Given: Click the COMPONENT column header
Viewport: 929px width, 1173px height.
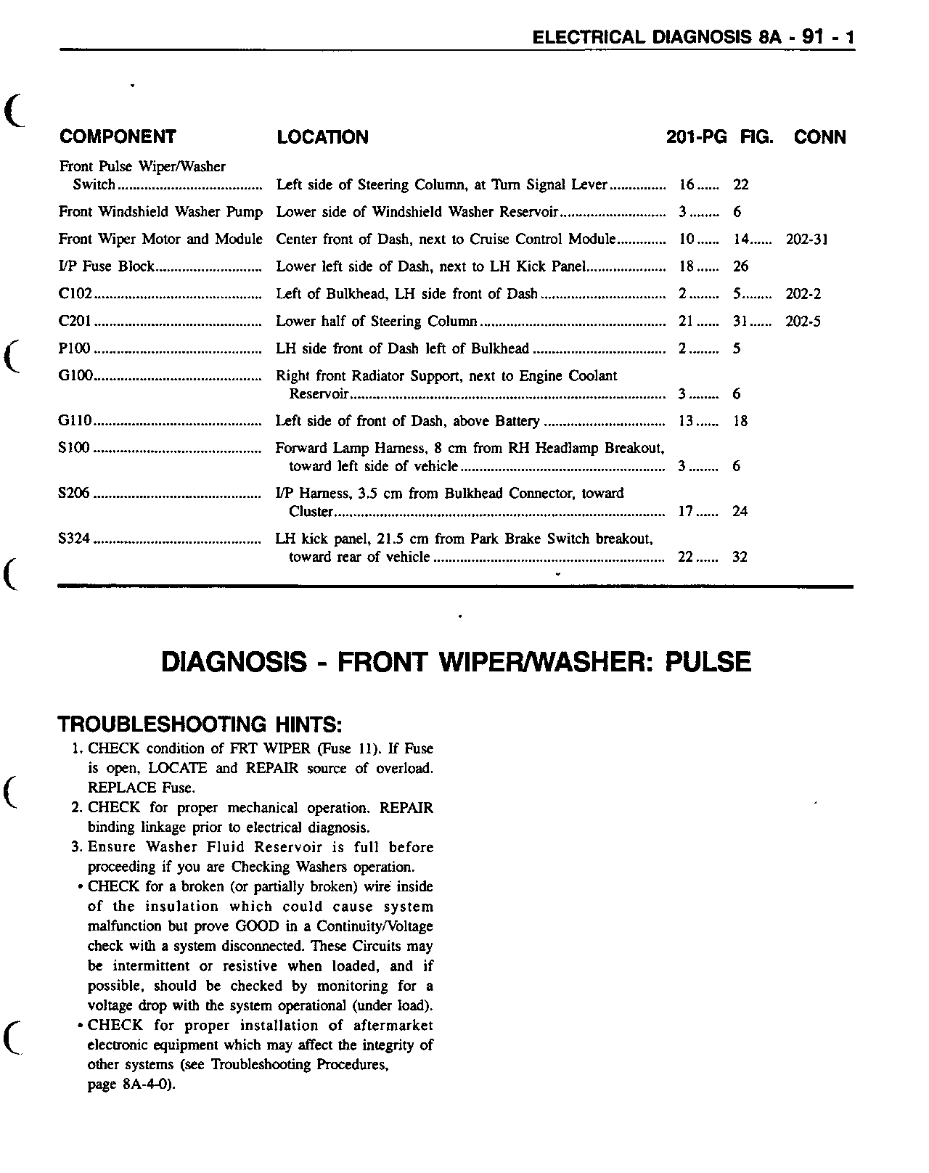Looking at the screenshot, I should [x=118, y=137].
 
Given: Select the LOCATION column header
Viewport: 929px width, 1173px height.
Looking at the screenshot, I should [x=322, y=137].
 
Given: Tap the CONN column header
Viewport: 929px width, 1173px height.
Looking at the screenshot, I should [x=819, y=137].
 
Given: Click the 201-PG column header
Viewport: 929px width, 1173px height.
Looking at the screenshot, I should [x=696, y=137].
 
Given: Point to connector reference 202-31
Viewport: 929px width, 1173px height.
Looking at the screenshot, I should [x=806, y=240].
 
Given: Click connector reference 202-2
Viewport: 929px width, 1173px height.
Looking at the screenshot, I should [x=803, y=294].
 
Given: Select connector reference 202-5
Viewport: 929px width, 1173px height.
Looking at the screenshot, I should [x=803, y=322].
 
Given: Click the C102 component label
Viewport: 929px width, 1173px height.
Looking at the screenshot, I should [x=75, y=294].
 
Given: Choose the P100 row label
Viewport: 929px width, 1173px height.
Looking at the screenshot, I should [x=74, y=348].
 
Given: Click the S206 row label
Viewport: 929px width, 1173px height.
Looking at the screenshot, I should [x=74, y=494].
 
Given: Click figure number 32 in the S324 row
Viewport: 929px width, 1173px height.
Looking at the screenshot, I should [x=740, y=557].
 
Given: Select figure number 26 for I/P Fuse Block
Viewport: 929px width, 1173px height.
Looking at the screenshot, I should [x=740, y=266].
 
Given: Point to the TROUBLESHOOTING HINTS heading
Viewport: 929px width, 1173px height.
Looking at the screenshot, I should [x=200, y=724].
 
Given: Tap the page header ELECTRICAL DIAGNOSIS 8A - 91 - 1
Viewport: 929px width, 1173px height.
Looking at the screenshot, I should [x=694, y=37].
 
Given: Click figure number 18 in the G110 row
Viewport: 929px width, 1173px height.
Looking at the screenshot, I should [x=740, y=421].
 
